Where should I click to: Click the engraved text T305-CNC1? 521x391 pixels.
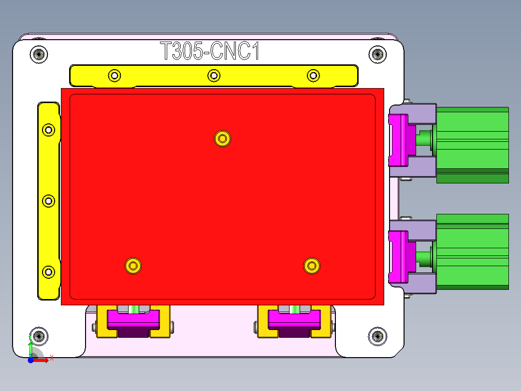tap(209, 51)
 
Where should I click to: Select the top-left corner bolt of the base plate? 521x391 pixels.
tap(39, 54)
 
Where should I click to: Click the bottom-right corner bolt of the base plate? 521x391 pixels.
tap(377, 335)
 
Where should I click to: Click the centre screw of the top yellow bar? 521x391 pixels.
tap(214, 75)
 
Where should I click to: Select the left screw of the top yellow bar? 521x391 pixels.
tap(115, 75)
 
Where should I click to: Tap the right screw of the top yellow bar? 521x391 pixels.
tap(314, 75)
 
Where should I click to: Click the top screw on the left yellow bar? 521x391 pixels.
tap(48, 130)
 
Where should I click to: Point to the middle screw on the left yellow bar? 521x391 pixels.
tap(48, 201)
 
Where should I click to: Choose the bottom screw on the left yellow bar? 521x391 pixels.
tap(48, 272)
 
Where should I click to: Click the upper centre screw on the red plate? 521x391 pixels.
tap(222, 138)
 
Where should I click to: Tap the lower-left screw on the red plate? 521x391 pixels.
tap(133, 265)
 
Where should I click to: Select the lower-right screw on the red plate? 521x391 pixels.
tap(312, 265)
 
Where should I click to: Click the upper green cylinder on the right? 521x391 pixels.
tap(472, 145)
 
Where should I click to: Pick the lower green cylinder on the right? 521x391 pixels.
tap(472, 252)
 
